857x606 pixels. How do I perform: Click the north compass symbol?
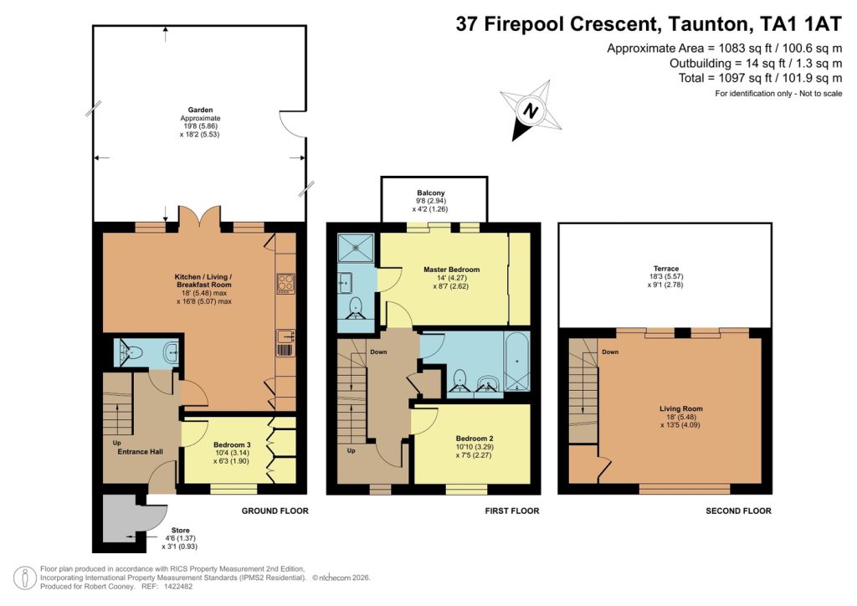[529, 110]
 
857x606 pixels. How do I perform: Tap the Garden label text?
[200, 110]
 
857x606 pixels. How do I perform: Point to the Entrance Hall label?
[139, 452]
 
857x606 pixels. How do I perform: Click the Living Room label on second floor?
[680, 408]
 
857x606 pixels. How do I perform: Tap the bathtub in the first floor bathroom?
[516, 362]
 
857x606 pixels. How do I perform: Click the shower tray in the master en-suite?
[357, 249]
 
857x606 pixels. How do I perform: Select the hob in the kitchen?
[285, 285]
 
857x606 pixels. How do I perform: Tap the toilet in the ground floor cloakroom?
[134, 352]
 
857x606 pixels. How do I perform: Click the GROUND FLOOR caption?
[275, 511]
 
